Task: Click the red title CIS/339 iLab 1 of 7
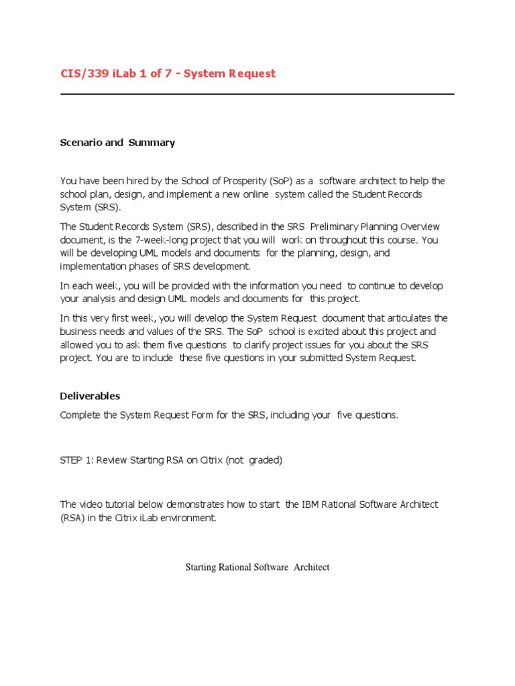click(168, 74)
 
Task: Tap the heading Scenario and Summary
click(117, 143)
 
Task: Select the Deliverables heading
click(90, 396)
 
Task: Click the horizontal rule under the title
click(257, 94)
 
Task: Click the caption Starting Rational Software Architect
click(257, 567)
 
